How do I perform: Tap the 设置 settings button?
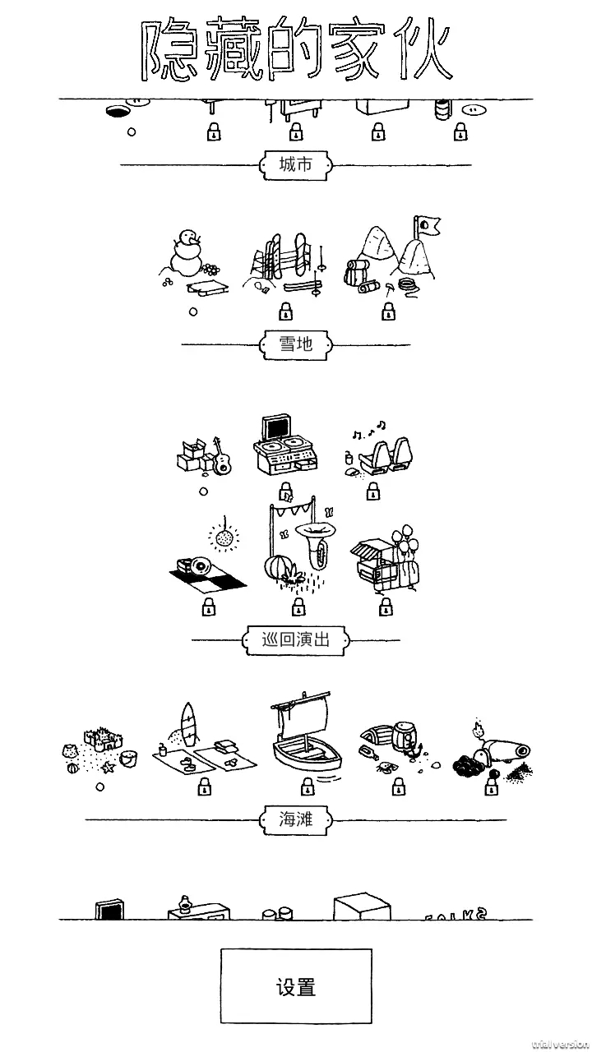pos(296,986)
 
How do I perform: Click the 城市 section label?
pos(296,164)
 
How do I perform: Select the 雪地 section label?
pos(296,344)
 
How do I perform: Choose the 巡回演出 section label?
pos(296,639)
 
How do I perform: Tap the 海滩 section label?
pos(296,819)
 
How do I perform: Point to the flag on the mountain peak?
pos(428,224)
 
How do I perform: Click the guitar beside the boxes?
pos(220,457)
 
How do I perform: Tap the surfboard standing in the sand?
pos(189,724)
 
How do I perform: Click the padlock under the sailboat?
pos(308,788)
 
